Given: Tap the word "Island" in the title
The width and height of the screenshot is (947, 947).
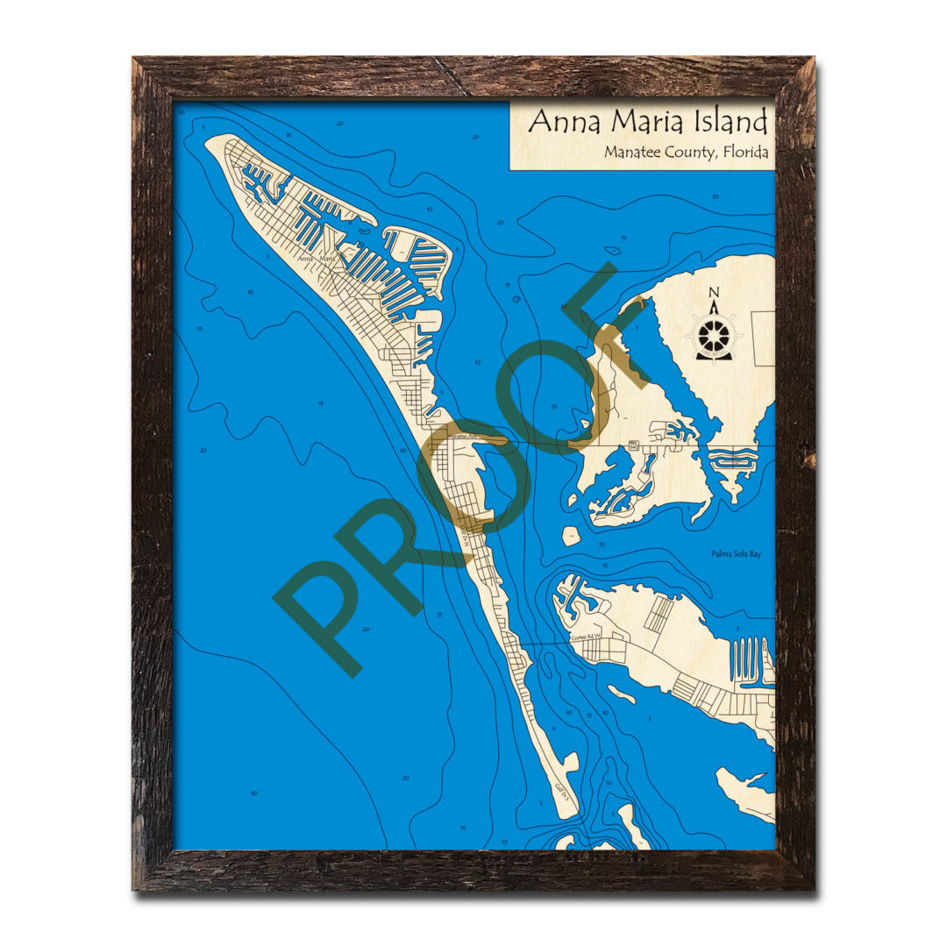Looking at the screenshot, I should point(731,121).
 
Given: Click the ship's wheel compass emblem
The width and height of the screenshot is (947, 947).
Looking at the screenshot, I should point(715,337).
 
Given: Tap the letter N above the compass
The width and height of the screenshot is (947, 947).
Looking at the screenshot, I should point(714,294).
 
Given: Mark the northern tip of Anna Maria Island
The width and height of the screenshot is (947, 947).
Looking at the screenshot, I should point(212,140).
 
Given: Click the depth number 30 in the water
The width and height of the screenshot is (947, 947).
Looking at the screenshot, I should point(253,794).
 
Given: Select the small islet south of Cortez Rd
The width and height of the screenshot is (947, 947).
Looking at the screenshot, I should point(621,694).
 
